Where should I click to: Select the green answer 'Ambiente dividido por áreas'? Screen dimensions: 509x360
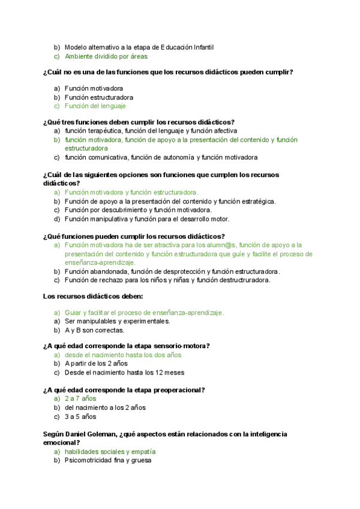pos(106,56)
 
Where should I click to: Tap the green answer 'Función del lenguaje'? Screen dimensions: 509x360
pos(95,106)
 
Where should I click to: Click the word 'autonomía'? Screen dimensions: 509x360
pos(179,157)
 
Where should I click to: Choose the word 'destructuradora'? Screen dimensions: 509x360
pos(245,280)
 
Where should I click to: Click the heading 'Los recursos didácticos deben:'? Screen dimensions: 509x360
pos(93,296)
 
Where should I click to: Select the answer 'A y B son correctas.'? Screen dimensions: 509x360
pos(94,330)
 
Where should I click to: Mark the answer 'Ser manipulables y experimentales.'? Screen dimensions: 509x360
pos(118,321)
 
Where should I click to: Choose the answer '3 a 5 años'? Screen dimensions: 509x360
pos(80,416)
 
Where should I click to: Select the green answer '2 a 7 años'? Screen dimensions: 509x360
pos(80,399)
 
